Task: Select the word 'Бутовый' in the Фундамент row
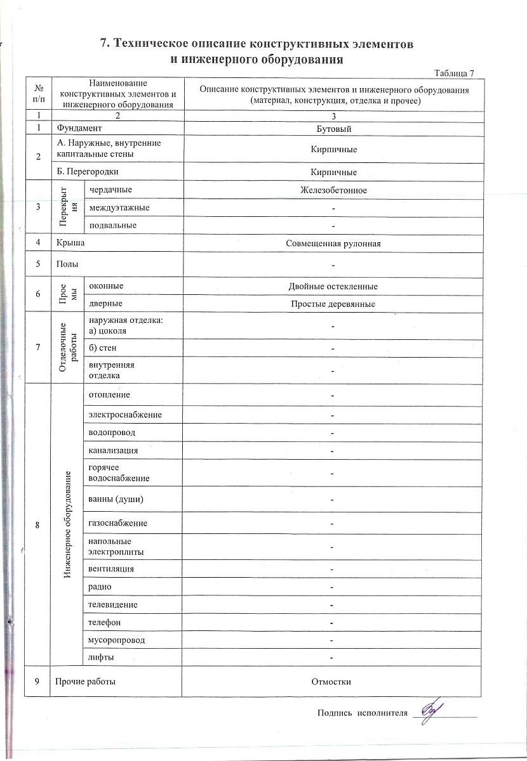[x=334, y=129]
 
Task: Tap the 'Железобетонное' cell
[x=334, y=190]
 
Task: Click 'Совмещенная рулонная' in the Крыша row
[x=334, y=244]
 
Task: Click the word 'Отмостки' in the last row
[x=331, y=682]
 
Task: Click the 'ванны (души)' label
[x=116, y=499]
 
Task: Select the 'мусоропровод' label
[x=117, y=640]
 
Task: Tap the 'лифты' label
[x=102, y=658]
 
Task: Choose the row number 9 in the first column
[x=37, y=682]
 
